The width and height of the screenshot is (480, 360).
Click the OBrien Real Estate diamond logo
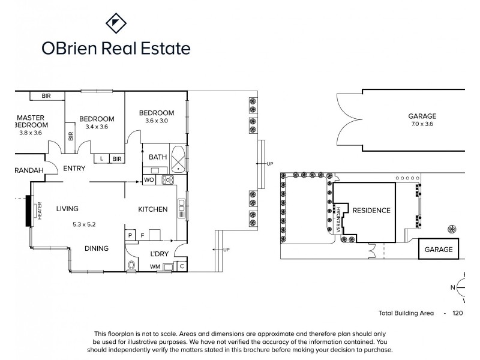click(x=115, y=25)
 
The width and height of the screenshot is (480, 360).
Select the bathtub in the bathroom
click(x=179, y=158)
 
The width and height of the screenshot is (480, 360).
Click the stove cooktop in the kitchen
click(x=167, y=179)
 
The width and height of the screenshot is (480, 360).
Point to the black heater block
click(x=28, y=211)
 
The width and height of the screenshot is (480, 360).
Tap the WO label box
click(x=149, y=179)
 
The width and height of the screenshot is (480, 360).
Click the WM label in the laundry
click(x=155, y=266)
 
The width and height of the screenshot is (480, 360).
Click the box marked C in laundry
click(x=182, y=266)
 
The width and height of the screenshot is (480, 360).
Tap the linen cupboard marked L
click(x=102, y=158)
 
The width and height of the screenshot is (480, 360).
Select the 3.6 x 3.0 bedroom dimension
click(x=157, y=121)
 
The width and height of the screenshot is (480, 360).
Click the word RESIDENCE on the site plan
click(x=371, y=211)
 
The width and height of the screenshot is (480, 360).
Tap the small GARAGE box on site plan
click(x=438, y=249)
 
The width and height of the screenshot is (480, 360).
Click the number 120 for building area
click(x=458, y=313)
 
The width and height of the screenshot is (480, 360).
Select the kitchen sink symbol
click(x=181, y=209)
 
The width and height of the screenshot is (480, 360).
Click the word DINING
click(x=96, y=248)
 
